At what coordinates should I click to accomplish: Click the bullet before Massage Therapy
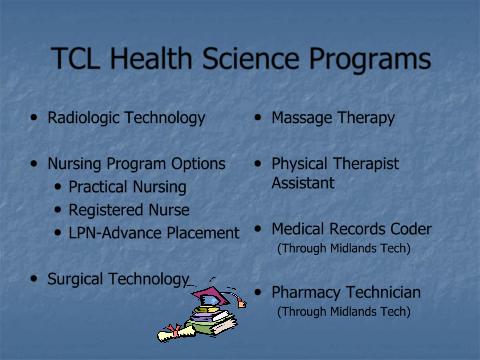(258, 117)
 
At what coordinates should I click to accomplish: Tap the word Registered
(106, 210)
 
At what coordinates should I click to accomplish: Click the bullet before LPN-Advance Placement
(58, 232)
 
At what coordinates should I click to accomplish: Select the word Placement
(203, 233)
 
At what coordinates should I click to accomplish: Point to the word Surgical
(75, 279)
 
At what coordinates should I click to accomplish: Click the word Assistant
(303, 183)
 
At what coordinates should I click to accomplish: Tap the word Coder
(411, 229)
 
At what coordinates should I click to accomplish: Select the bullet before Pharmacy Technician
(258, 292)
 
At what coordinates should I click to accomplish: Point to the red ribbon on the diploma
(174, 330)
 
